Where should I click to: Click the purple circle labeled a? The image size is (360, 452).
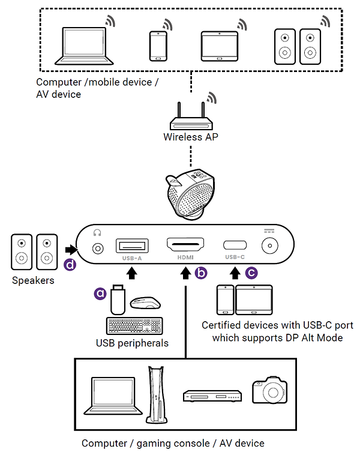click(x=100, y=293)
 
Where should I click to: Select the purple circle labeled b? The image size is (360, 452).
click(x=200, y=274)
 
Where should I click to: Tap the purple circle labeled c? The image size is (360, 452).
click(x=252, y=274)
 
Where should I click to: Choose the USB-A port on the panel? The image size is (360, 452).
click(x=132, y=246)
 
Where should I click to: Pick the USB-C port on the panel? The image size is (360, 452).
click(x=235, y=246)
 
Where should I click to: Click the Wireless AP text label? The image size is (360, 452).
click(x=191, y=137)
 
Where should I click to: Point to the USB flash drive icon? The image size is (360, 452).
click(x=117, y=300)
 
